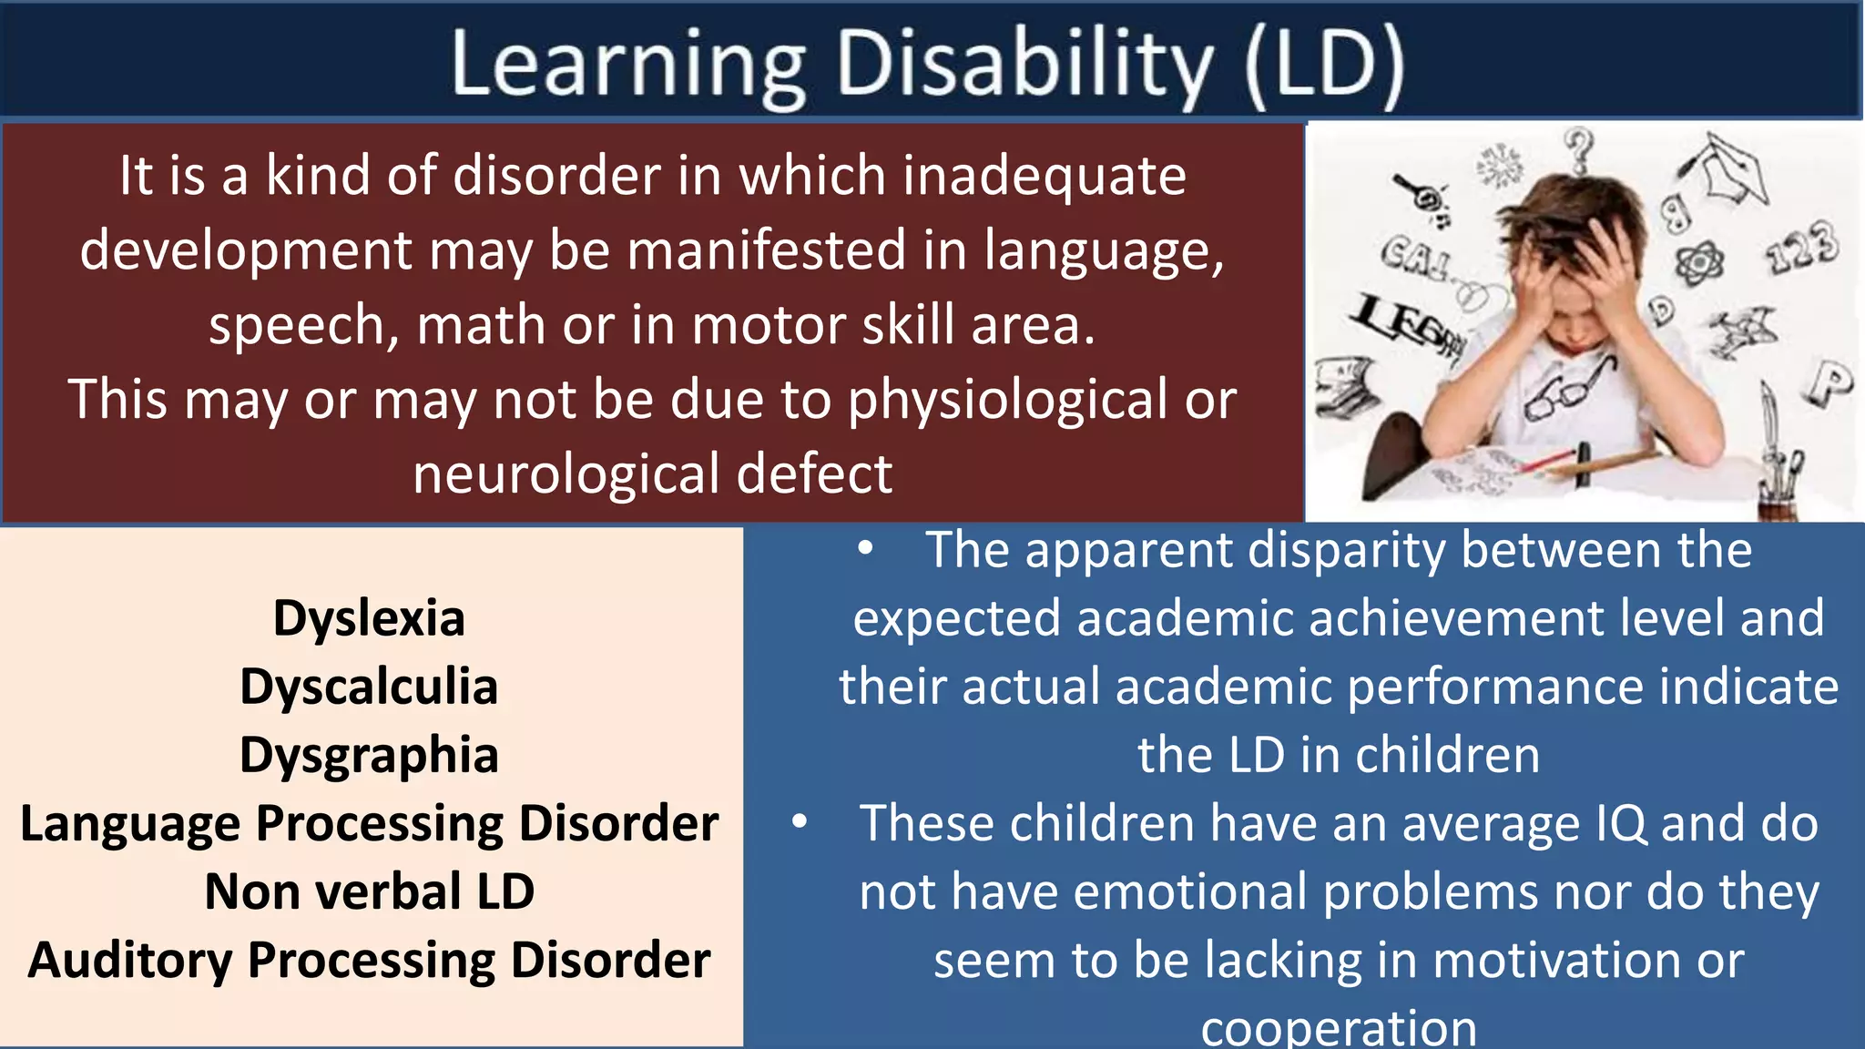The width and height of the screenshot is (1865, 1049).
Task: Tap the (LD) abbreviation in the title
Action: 1324,66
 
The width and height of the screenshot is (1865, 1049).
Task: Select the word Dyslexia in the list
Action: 369,619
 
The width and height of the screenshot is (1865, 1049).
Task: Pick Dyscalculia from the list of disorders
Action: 369,687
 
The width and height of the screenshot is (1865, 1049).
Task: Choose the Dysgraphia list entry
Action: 369,755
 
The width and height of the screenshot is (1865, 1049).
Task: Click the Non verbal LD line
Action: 369,891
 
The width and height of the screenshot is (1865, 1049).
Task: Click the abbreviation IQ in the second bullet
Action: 1621,824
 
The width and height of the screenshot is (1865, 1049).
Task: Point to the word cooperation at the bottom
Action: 1339,1029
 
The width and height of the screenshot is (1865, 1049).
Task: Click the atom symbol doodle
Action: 1699,264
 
